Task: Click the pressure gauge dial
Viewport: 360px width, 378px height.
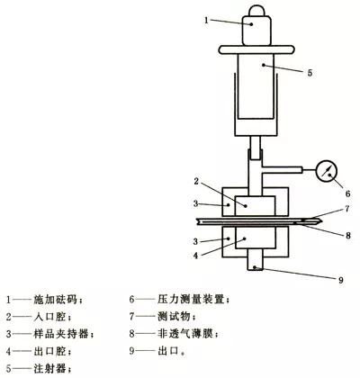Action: click(x=327, y=171)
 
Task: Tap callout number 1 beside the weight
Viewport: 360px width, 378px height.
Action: click(x=206, y=20)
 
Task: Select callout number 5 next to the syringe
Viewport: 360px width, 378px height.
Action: click(x=310, y=72)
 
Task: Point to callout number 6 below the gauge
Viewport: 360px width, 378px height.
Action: click(x=347, y=193)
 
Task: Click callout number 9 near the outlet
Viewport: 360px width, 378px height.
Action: click(x=340, y=280)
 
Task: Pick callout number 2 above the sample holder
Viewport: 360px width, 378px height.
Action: click(x=196, y=182)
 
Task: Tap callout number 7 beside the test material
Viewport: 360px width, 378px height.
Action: click(x=347, y=209)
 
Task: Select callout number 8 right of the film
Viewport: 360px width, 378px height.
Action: click(x=348, y=236)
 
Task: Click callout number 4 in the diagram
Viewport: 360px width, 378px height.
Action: click(x=195, y=256)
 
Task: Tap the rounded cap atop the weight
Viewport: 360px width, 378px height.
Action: click(x=257, y=11)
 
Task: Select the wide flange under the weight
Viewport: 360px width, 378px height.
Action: click(x=256, y=49)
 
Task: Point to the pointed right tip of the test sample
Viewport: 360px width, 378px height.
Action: click(x=321, y=222)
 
